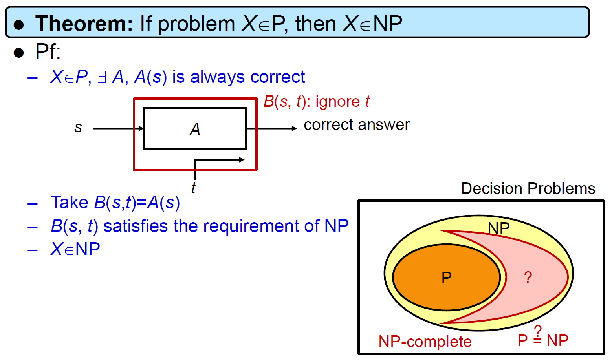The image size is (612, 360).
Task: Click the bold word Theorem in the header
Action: (84, 24)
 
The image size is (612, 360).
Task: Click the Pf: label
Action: (48, 51)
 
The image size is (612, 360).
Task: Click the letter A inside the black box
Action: (195, 129)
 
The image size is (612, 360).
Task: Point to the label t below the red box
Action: (193, 188)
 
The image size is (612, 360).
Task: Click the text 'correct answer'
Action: (357, 125)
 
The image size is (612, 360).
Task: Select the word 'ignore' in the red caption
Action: (338, 102)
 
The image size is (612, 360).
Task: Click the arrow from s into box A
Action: (118, 128)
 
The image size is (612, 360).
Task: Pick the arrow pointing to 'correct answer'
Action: (271, 128)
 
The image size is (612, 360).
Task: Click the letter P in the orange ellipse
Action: (447, 278)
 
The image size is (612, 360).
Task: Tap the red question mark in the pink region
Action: (528, 278)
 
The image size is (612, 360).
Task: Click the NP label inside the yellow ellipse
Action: (498, 228)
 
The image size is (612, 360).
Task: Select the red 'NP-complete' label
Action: (425, 342)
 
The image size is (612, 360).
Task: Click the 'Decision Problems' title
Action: (528, 188)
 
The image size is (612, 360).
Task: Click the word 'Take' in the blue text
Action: (70, 203)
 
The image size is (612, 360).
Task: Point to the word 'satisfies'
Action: (136, 226)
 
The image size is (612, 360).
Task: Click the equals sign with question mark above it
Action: (537, 335)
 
